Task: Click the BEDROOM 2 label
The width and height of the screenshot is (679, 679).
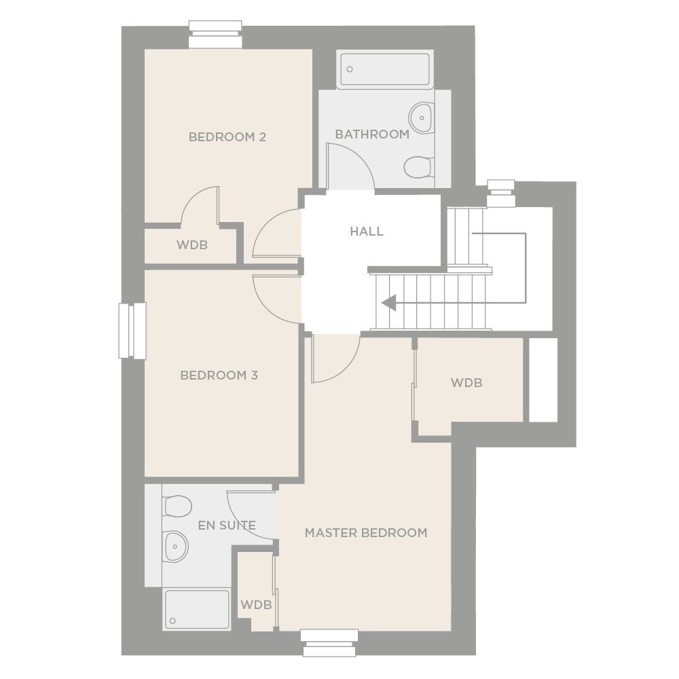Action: pyautogui.click(x=227, y=137)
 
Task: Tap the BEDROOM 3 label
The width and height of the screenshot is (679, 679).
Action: pyautogui.click(x=219, y=375)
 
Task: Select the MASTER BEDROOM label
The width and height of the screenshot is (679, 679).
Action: pyautogui.click(x=366, y=532)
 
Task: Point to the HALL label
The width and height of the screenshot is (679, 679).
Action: pyautogui.click(x=367, y=232)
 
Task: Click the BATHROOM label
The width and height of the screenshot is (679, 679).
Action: pyautogui.click(x=372, y=134)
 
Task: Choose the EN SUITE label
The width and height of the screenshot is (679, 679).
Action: pyautogui.click(x=227, y=526)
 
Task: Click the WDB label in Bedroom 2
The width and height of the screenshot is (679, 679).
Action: pyautogui.click(x=192, y=245)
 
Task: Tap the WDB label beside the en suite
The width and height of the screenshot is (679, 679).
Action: pyautogui.click(x=256, y=604)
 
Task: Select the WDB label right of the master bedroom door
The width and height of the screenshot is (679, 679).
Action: pyautogui.click(x=466, y=383)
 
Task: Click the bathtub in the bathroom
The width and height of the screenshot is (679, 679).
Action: pyautogui.click(x=385, y=69)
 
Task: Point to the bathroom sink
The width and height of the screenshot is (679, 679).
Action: pyautogui.click(x=421, y=117)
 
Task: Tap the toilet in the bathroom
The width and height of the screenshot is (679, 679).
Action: pyautogui.click(x=419, y=167)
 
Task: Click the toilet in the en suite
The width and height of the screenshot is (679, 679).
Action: pyautogui.click(x=177, y=507)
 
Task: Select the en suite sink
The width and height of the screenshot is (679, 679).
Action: pyautogui.click(x=175, y=547)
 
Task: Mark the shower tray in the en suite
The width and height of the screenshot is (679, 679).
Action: pyautogui.click(x=197, y=609)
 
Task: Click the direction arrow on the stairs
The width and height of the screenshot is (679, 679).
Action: pyautogui.click(x=389, y=302)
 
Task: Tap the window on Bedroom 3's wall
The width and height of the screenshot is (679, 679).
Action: pyautogui.click(x=132, y=331)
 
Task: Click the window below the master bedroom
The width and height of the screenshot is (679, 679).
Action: pyautogui.click(x=329, y=643)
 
